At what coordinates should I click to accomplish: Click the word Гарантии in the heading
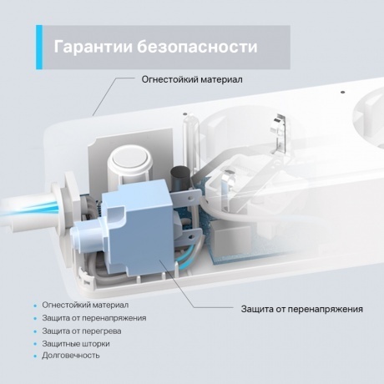pyautogui.click(x=90, y=46)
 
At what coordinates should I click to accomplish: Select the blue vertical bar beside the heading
pyautogui.click(x=38, y=47)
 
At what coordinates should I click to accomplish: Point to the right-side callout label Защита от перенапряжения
pyautogui.click(x=301, y=309)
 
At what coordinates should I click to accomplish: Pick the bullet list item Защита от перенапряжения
pyautogui.click(x=94, y=318)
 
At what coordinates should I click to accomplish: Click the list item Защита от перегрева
pyautogui.click(x=83, y=331)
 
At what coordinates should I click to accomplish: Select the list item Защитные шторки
pyautogui.click(x=76, y=343)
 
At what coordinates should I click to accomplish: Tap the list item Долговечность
pyautogui.click(x=71, y=355)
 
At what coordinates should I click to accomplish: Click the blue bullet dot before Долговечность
pyautogui.click(x=35, y=356)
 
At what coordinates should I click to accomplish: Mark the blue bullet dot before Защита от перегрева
pyautogui.click(x=35, y=331)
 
